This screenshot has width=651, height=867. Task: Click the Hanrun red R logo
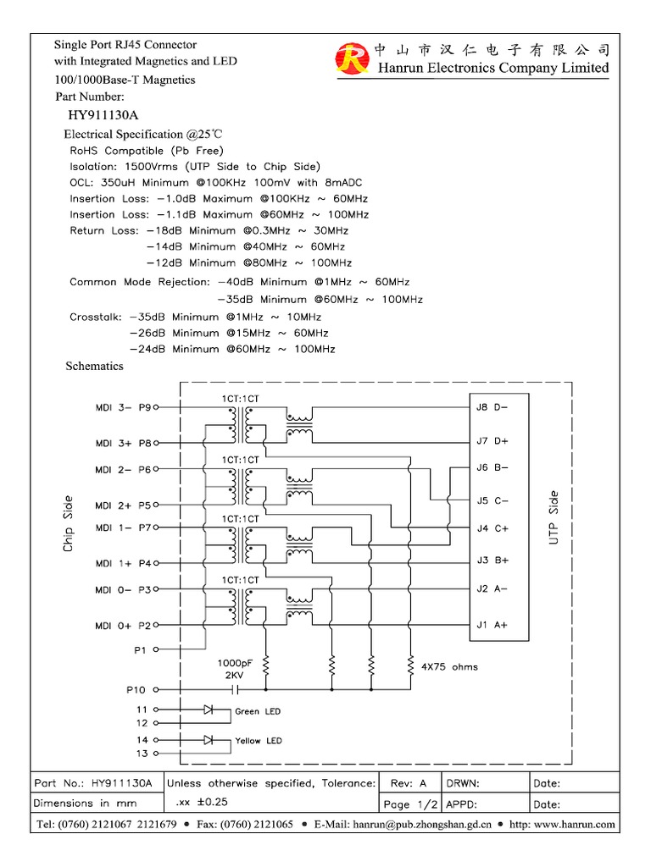[349, 58]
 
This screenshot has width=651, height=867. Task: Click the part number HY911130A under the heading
[103, 114]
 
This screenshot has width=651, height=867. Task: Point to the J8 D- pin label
[492, 406]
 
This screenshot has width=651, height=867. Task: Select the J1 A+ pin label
[492, 626]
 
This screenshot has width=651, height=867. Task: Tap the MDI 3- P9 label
[123, 407]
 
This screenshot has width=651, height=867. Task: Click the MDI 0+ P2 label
[123, 626]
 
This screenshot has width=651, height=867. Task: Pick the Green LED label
[258, 711]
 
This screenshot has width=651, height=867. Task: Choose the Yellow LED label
[259, 741]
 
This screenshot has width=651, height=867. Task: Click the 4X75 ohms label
[449, 667]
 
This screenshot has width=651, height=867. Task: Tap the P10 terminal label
[136, 689]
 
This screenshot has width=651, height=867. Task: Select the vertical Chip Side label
[68, 524]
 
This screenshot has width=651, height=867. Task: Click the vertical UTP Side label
[554, 517]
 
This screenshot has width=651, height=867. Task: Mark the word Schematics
[95, 367]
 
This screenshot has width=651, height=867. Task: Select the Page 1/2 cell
[410, 803]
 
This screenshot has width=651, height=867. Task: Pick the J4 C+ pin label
[492, 528]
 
